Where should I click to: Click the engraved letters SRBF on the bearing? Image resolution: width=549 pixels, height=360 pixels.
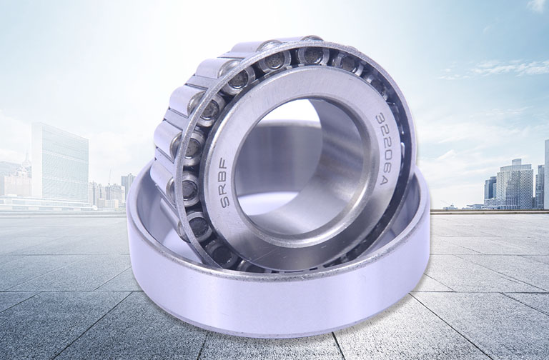click(224, 183)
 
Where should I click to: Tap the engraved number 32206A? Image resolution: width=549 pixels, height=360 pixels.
click(381, 149)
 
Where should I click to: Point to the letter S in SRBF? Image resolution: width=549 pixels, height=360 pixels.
click(224, 201)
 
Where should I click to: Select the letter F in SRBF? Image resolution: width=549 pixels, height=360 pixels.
click(224, 165)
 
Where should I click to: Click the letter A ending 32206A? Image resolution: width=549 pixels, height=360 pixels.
click(384, 181)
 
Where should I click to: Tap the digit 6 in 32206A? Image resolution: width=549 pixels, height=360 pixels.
click(383, 169)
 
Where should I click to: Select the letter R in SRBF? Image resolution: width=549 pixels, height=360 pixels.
click(224, 189)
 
